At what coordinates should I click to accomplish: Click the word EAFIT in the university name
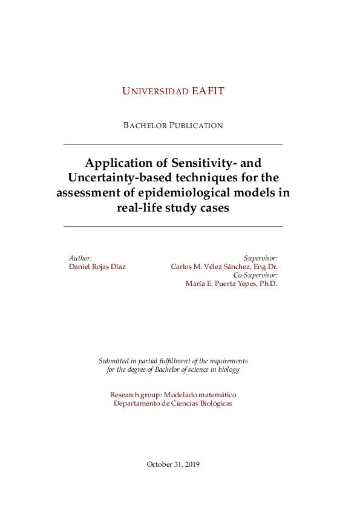click(208, 91)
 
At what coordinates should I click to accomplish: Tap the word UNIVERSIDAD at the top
click(155, 91)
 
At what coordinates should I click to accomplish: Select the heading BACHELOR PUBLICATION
click(173, 126)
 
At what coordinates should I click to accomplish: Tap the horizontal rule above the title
click(173, 145)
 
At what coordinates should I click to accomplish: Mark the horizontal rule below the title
click(173, 226)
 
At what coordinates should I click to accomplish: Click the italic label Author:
click(80, 258)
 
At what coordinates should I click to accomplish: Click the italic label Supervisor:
click(261, 258)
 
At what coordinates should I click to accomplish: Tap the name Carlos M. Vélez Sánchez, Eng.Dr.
click(224, 267)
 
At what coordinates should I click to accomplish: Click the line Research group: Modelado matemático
click(173, 395)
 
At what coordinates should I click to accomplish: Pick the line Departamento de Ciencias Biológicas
click(173, 403)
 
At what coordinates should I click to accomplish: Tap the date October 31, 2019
click(173, 464)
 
